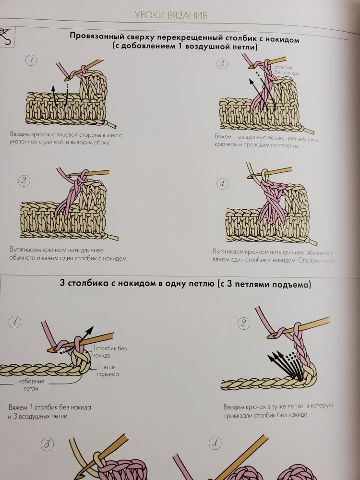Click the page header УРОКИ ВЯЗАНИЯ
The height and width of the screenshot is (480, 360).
tap(171, 15)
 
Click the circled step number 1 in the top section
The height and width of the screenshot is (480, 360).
tap(31, 60)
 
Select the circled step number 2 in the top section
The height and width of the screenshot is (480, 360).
tap(24, 180)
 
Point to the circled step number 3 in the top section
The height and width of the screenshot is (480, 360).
tap(222, 64)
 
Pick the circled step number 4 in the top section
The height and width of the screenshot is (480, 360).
tap(222, 184)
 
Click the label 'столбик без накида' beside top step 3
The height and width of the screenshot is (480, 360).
tap(286, 71)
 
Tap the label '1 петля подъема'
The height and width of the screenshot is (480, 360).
tap(108, 371)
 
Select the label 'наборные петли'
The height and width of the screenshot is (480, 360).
tap(31, 385)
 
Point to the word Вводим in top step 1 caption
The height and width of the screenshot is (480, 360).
tap(19, 134)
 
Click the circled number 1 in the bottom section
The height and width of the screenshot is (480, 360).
tap(15, 322)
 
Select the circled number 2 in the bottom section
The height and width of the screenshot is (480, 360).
tap(243, 323)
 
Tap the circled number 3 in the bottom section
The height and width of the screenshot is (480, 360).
tap(47, 444)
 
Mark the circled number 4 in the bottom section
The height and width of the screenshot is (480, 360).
tap(215, 444)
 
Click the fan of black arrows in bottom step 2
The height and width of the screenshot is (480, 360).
tap(286, 366)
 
